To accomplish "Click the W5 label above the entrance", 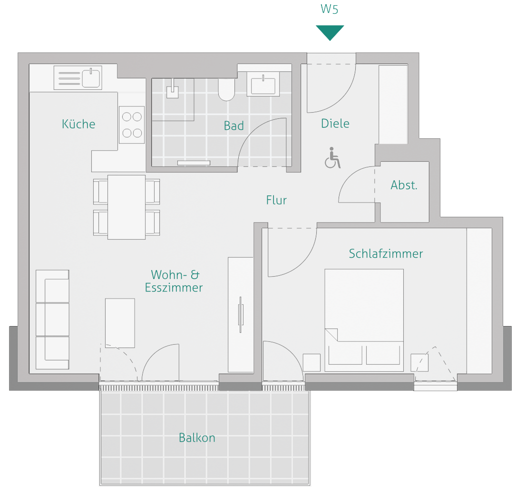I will [x=330, y=10].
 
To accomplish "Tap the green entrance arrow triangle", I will [x=330, y=32].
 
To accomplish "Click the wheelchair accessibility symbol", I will [x=333, y=158].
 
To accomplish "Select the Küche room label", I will [x=78, y=124].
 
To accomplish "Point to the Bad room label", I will [x=234, y=126].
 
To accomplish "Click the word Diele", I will [x=335, y=124].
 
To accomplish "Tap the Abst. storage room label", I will [x=404, y=185].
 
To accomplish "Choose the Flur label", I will [x=276, y=200].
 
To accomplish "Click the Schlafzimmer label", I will [x=386, y=254].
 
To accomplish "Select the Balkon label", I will [x=197, y=438].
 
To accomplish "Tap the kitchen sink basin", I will [x=91, y=77].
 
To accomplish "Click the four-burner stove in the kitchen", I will [x=131, y=124].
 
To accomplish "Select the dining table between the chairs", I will [x=126, y=207].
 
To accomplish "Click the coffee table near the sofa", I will [x=120, y=323].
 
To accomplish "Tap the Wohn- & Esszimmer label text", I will [x=175, y=281].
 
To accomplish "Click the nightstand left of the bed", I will [x=312, y=363].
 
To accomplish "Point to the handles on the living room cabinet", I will [x=241, y=315].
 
